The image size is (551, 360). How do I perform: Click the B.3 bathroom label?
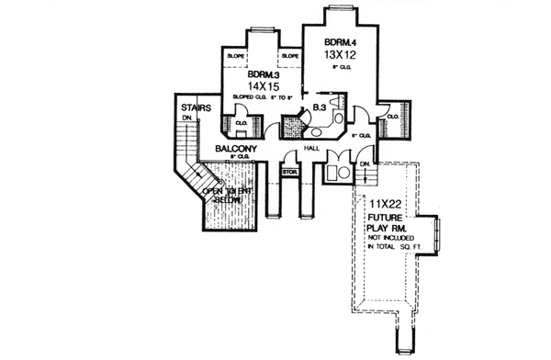pos(319,108)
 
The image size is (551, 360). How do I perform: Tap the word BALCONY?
pos(235,148)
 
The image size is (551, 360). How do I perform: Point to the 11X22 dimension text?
pos(389,203)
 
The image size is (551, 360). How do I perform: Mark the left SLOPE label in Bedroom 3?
pos(235,56)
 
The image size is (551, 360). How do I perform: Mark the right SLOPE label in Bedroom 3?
pos(290,56)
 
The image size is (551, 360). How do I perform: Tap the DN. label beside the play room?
pos(365,164)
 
